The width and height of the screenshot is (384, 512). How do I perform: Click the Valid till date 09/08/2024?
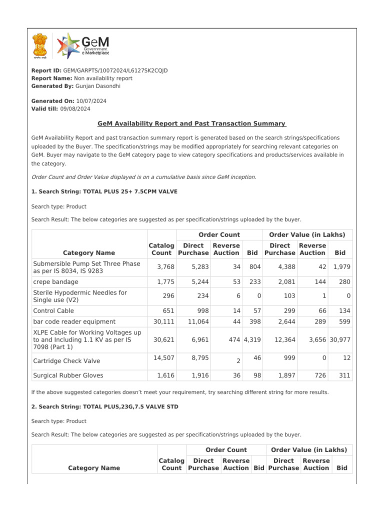tap(75, 108)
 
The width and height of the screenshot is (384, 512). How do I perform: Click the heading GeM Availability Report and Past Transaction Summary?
tap(191, 123)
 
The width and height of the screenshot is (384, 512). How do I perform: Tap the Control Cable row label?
tap(53, 311)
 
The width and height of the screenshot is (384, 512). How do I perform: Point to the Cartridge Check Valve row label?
tap(66, 361)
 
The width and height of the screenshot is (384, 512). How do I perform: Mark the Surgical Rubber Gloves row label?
tap(68, 375)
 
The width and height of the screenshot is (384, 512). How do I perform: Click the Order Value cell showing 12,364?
tap(285, 339)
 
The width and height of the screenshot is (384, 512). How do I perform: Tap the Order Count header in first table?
tap(219, 234)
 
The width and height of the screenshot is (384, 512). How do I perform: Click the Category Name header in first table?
tap(89, 253)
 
